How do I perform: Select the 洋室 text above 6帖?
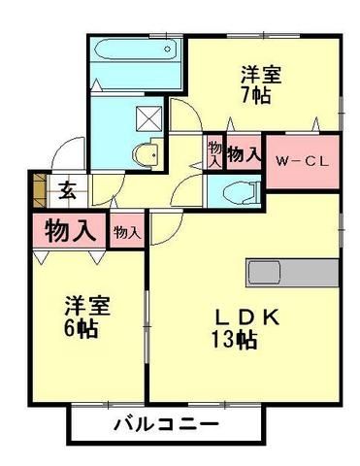pyautogui.click(x=85, y=305)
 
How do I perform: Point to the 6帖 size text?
pyautogui.click(x=85, y=326)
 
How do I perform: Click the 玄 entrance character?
pyautogui.click(x=68, y=190)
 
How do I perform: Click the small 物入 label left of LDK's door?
pyautogui.click(x=126, y=233)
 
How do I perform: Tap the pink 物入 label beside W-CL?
pyautogui.click(x=243, y=153)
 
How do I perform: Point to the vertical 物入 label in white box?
pyautogui.click(x=213, y=153)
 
